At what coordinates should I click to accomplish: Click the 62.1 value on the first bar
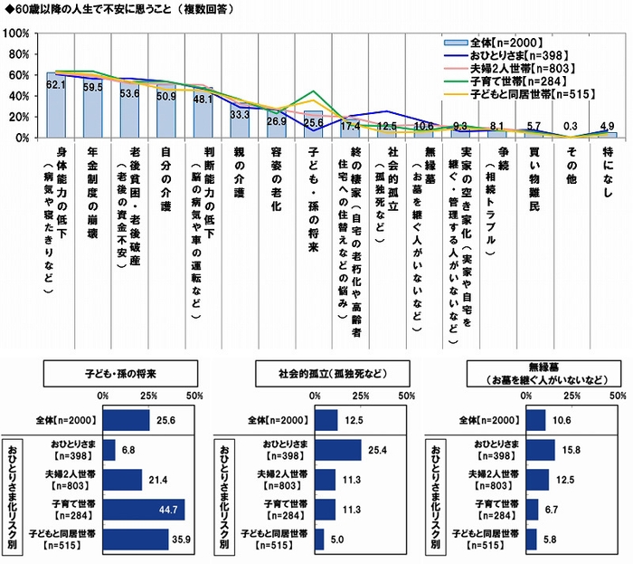tap(56, 84)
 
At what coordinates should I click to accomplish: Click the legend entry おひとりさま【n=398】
tap(510, 54)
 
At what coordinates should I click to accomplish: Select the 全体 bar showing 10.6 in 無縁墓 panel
tap(534, 420)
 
